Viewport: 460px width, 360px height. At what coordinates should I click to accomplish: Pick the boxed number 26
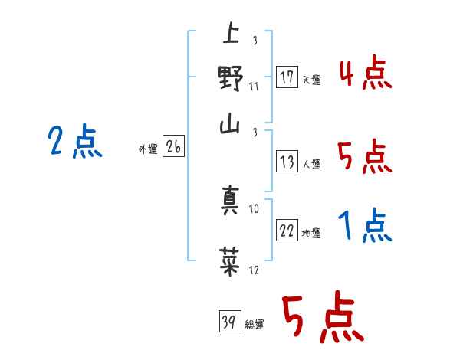coord(173,149)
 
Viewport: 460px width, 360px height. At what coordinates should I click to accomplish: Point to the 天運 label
coord(311,80)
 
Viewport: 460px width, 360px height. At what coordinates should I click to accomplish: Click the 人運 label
coord(311,164)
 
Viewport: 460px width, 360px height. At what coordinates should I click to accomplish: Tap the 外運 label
coord(148,150)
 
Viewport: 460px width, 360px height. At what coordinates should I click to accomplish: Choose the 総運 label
coord(255,324)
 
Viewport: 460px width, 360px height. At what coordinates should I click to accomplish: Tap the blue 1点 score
coord(365,226)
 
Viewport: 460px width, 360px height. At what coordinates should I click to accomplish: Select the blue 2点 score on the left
coord(74,142)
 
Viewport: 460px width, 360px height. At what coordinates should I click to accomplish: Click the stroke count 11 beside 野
coord(254,86)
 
